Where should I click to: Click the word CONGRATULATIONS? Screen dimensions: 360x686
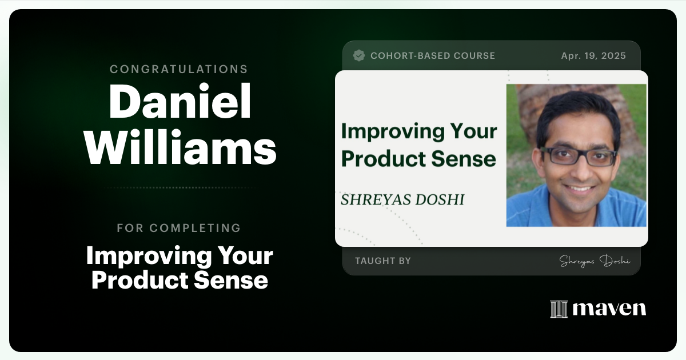(x=179, y=69)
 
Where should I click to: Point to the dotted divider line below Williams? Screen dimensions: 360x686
(x=180, y=187)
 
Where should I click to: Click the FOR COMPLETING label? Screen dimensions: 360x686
(x=179, y=228)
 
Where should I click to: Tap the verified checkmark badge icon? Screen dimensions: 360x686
(x=359, y=55)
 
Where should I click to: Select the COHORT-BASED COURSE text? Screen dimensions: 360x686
(x=433, y=55)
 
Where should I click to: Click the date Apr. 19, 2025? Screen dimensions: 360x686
(x=593, y=55)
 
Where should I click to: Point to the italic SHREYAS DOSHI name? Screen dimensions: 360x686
(x=402, y=199)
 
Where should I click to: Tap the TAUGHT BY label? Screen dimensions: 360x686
(x=382, y=261)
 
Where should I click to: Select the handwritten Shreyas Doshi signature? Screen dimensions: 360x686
(x=595, y=261)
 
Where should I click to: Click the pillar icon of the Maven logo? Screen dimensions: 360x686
(x=559, y=309)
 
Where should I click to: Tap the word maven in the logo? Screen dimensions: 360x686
(x=609, y=309)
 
